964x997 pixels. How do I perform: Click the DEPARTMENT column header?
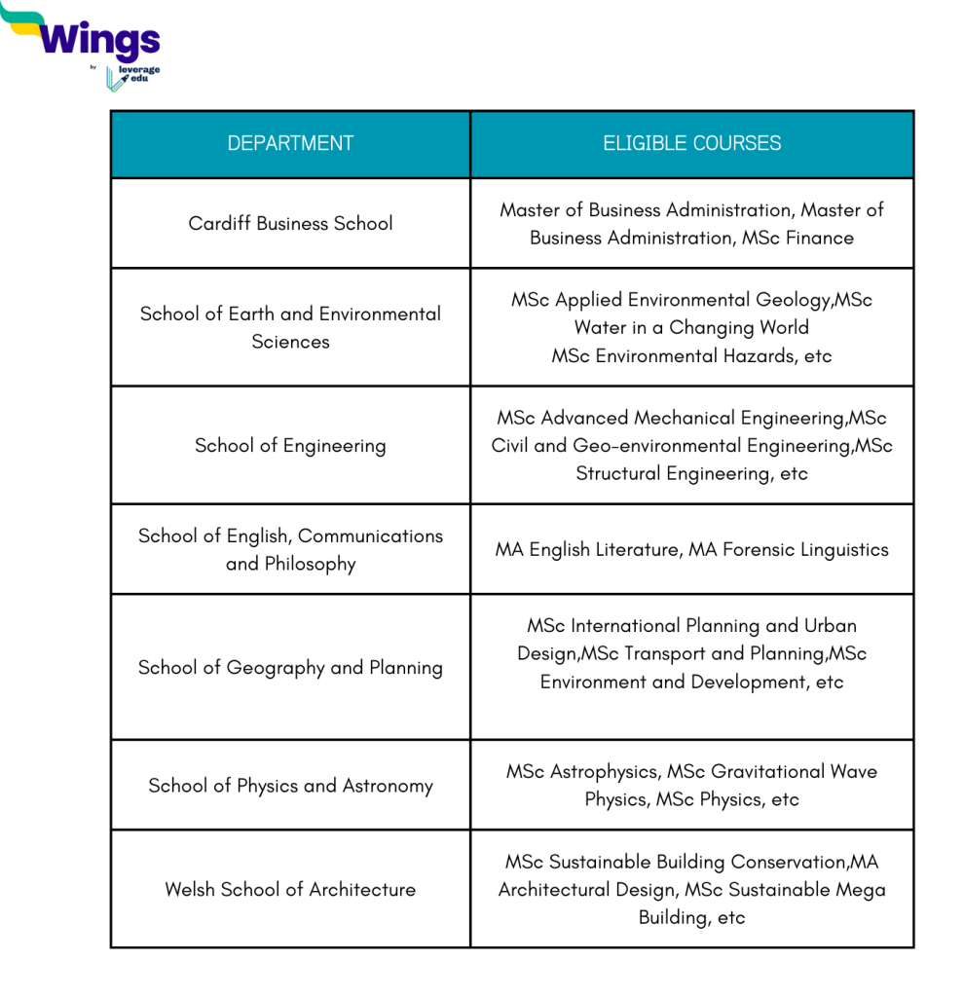pyautogui.click(x=290, y=143)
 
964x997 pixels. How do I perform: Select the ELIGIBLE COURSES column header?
pyautogui.click(x=691, y=143)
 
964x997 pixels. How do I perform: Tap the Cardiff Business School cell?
pyautogui.click(x=290, y=223)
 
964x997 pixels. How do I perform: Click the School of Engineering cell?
pyautogui.click(x=290, y=445)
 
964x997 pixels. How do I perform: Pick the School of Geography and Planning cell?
pyautogui.click(x=290, y=667)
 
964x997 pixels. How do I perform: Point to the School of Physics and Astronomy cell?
pyautogui.click(x=290, y=786)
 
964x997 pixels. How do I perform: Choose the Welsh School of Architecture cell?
pyautogui.click(x=290, y=889)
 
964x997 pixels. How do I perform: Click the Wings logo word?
pyautogui.click(x=100, y=40)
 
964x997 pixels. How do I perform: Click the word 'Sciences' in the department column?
pyautogui.click(x=290, y=342)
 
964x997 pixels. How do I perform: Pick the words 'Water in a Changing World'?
pyautogui.click(x=691, y=327)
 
